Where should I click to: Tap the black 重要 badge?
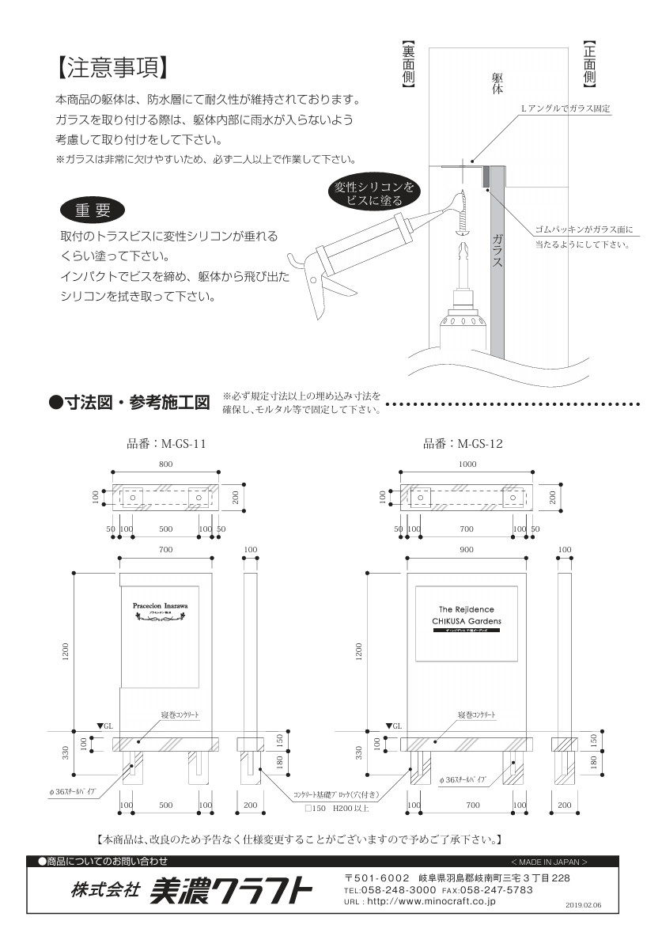coord(93,210)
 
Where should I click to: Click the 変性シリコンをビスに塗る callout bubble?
coord(373,193)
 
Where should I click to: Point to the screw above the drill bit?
coord(462,218)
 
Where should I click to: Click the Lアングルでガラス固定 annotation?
coord(565,107)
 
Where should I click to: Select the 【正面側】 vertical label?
coord(589,63)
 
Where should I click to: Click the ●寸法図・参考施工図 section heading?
coord(129,403)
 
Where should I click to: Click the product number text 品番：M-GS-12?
coord(463,444)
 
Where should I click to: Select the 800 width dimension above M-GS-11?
coord(165,464)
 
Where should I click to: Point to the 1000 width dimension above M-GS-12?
coord(467,464)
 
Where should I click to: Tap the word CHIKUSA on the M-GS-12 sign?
coord(449,621)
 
